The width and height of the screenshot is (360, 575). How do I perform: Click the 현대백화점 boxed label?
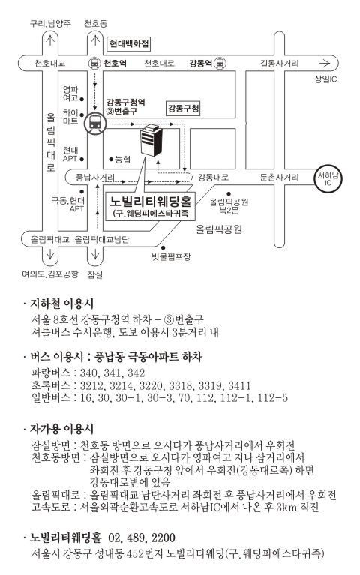[130, 44]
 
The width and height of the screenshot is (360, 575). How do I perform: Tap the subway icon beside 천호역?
[94, 64]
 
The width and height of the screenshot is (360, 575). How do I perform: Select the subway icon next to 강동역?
[220, 64]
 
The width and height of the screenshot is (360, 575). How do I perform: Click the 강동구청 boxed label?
[184, 108]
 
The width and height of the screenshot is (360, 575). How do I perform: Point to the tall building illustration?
[151, 140]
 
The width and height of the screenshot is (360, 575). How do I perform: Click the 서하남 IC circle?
[328, 178]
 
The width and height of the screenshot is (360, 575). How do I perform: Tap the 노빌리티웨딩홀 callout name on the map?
[151, 201]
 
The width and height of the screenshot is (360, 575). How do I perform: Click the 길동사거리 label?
[280, 64]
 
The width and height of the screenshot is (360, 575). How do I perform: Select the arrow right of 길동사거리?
[325, 64]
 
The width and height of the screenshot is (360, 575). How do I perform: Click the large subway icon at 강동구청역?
[95, 124]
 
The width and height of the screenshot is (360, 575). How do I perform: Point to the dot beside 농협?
[111, 159]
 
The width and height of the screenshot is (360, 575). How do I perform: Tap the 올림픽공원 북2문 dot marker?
[229, 193]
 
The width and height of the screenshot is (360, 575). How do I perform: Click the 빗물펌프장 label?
[172, 256]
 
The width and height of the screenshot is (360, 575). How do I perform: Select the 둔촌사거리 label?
[279, 178]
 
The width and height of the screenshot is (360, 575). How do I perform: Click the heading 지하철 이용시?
[62, 304]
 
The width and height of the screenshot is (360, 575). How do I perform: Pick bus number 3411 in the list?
[239, 385]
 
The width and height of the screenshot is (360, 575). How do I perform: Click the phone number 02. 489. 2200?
[142, 538]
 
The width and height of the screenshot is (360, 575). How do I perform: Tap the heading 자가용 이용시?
[62, 428]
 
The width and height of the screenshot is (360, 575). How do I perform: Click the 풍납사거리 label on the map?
[94, 178]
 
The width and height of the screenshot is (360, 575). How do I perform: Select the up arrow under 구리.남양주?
[50, 38]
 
